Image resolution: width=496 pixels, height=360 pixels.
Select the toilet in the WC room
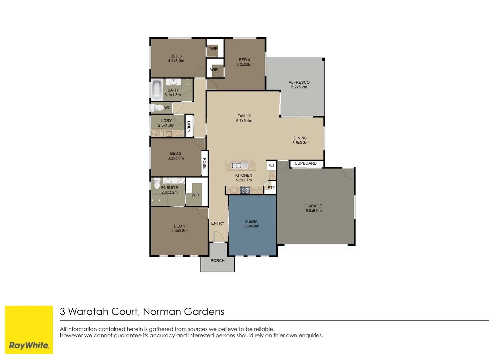(157, 108)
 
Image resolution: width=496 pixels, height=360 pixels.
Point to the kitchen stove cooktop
(245, 190)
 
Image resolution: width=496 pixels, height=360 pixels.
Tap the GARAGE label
(313, 206)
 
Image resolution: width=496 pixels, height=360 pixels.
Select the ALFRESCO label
(299, 82)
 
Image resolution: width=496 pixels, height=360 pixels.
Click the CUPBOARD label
(305, 163)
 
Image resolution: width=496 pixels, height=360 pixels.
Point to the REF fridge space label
(271, 165)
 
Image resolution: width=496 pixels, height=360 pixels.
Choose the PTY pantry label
(271, 188)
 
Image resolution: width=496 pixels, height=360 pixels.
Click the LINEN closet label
(189, 126)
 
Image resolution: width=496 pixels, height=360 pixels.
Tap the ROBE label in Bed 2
(205, 163)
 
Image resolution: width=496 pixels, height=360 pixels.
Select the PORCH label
(217, 261)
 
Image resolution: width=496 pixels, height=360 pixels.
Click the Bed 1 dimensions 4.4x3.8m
(179, 231)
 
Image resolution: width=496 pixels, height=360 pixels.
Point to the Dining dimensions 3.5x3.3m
(300, 143)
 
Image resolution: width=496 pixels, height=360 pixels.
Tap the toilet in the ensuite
(157, 183)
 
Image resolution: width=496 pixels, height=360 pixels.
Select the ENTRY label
(218, 223)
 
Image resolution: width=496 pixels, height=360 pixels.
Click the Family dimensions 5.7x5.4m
(244, 121)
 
